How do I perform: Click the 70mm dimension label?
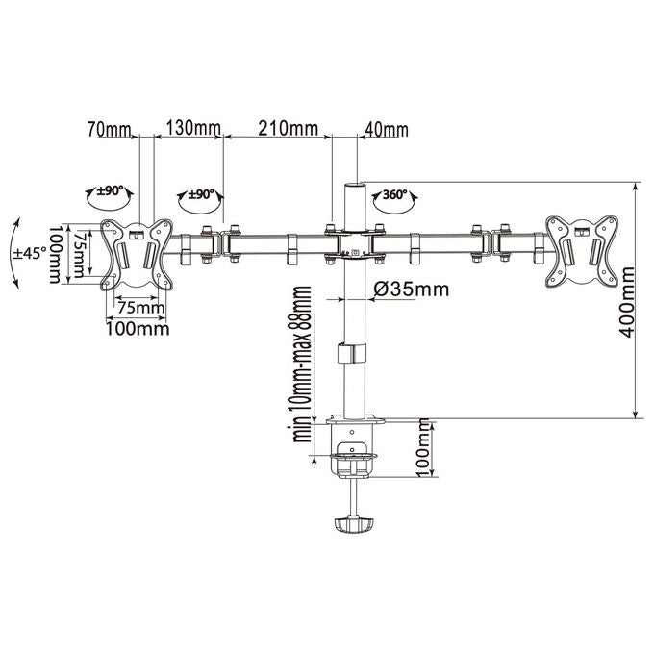(110, 130)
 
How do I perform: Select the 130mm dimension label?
(193, 129)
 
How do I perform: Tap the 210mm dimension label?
(289, 128)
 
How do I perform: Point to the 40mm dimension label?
(387, 130)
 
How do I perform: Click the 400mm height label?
(626, 302)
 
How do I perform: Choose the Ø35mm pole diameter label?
(412, 289)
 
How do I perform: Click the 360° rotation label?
(395, 194)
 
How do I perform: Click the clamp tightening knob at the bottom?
(354, 525)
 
